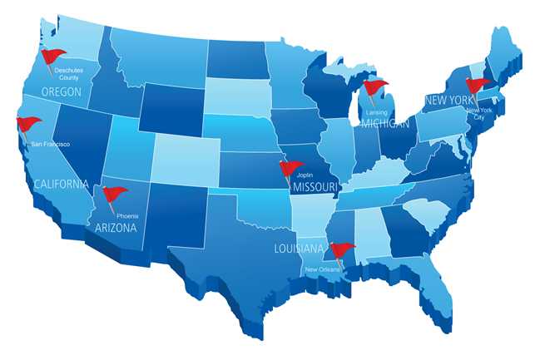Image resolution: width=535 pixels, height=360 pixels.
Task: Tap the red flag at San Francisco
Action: click(x=29, y=125)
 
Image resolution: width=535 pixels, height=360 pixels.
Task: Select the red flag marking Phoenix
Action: click(x=114, y=195)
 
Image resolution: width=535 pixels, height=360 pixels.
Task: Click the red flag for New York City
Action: click(x=478, y=85)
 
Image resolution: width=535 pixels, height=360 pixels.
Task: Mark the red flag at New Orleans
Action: click(x=342, y=249)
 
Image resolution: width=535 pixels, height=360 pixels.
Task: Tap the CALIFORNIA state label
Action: click(x=60, y=184)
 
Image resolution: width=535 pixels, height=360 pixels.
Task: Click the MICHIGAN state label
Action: click(x=386, y=124)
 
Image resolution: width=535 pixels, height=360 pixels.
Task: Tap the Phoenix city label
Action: click(x=127, y=216)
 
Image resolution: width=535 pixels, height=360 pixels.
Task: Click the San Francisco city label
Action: click(x=50, y=144)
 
